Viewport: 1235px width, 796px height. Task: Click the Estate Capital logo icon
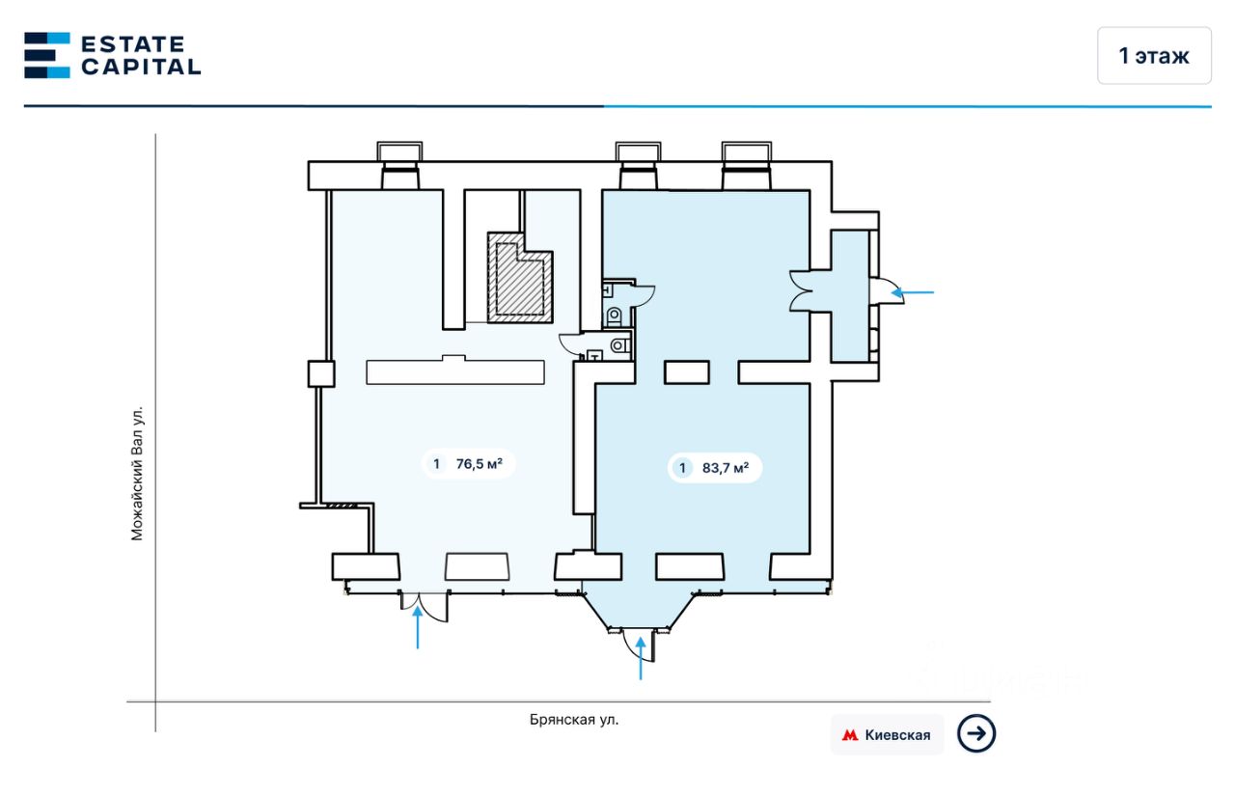point(47,55)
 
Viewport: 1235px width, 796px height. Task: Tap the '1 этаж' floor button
point(1154,56)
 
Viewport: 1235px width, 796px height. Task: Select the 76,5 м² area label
point(469,464)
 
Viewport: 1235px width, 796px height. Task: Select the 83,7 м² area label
point(715,469)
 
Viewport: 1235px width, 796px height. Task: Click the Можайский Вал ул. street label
point(137,472)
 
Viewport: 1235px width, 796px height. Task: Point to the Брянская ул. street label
point(574,719)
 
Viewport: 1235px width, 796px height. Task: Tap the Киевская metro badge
point(887,735)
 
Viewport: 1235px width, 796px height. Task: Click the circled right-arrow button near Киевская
point(976,734)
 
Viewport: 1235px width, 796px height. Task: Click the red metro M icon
point(850,735)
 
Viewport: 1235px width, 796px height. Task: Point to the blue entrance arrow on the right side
point(913,291)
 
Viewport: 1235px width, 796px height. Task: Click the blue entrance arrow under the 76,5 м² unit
point(417,628)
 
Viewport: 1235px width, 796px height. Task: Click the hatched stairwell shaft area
point(520,278)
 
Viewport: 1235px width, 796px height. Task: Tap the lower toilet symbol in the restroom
point(618,343)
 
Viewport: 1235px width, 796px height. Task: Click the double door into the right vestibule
point(801,290)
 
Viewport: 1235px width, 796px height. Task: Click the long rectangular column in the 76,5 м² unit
point(454,371)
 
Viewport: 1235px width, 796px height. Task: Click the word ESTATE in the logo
point(132,43)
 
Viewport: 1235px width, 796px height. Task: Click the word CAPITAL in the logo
point(141,67)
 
